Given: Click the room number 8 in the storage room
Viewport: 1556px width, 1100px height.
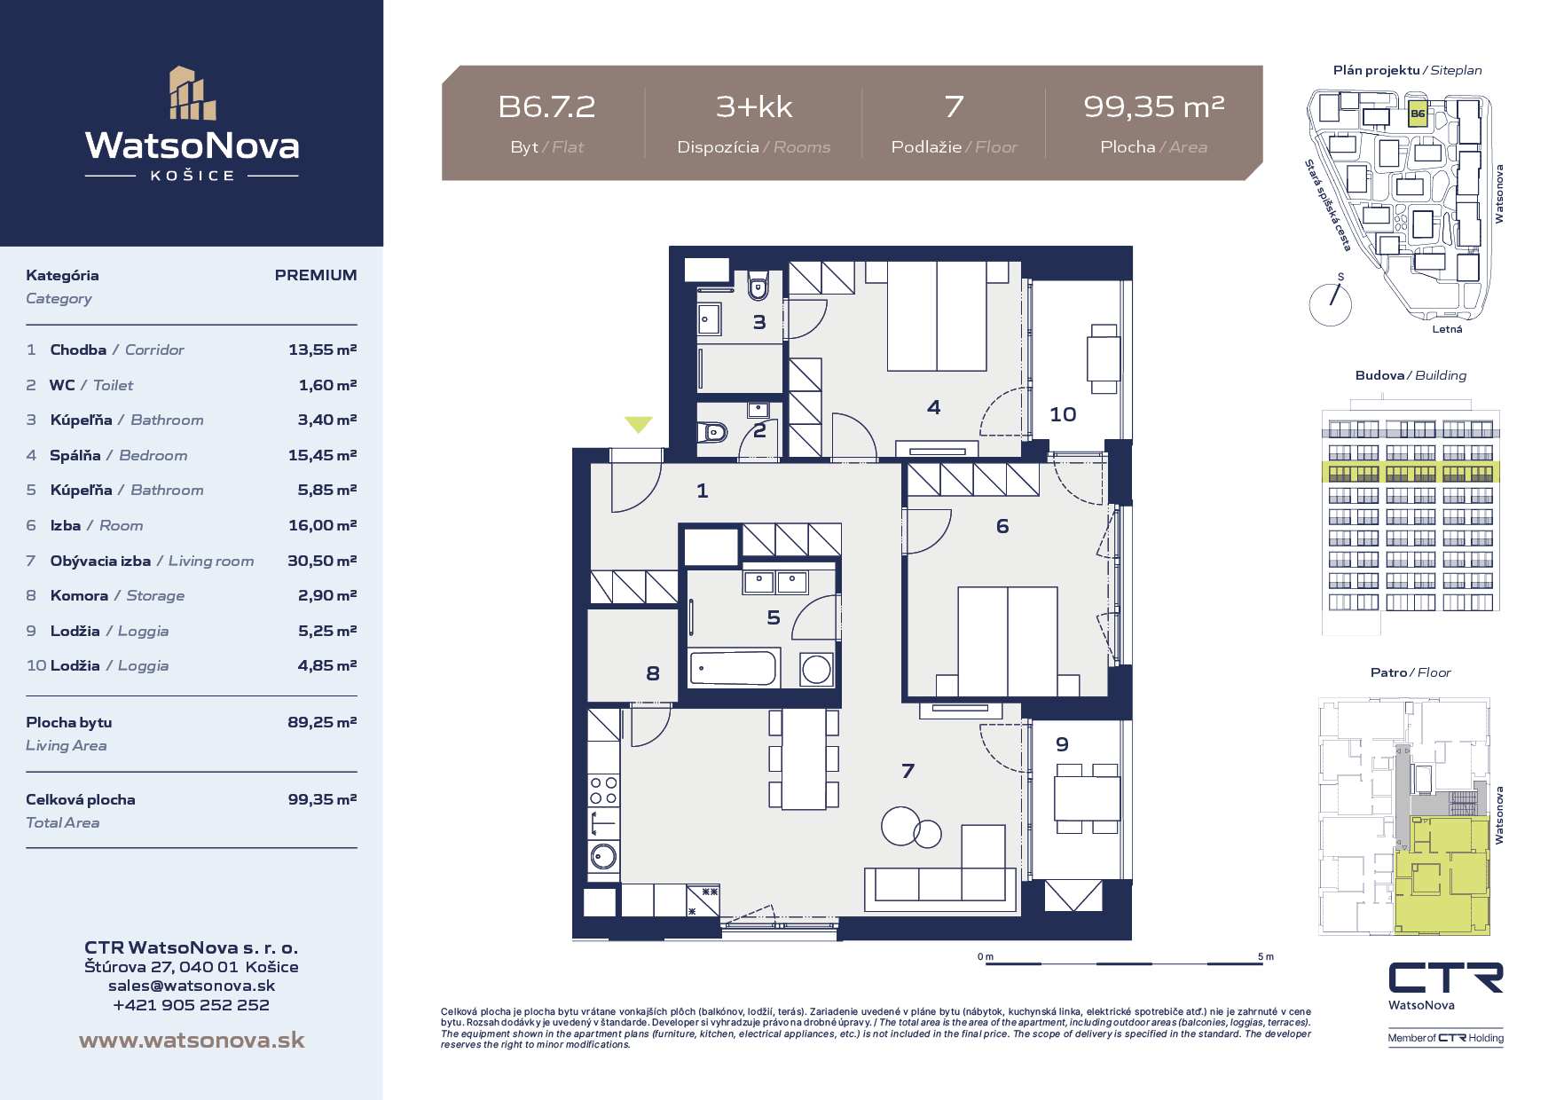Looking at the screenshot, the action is tap(653, 673).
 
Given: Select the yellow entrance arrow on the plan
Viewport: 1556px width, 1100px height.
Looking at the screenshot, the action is tap(638, 425).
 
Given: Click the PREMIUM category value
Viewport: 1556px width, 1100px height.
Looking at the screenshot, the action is tap(316, 275).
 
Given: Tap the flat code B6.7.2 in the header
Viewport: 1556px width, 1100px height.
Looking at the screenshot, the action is tap(546, 107).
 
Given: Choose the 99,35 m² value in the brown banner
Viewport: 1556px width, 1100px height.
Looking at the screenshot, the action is tap(1153, 107).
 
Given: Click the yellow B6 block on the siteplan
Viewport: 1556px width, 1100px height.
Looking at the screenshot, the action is tap(1418, 115).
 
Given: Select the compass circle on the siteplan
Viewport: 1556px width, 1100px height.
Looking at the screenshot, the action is tap(1330, 304).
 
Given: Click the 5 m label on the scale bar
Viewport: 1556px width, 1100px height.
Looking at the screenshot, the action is tap(1265, 956).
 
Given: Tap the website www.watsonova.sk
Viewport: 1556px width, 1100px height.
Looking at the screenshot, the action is tap(192, 1040).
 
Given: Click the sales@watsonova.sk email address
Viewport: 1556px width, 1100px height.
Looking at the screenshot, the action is tap(192, 986).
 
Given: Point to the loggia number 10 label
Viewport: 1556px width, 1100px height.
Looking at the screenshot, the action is tap(1063, 414).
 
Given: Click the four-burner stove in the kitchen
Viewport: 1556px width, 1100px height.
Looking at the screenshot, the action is tap(604, 790).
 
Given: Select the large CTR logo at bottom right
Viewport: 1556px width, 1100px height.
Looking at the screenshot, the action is tap(1446, 978).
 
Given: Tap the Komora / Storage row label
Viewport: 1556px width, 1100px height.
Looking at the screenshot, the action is tap(117, 595).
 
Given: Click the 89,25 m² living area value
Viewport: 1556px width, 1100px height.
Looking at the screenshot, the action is tap(322, 722).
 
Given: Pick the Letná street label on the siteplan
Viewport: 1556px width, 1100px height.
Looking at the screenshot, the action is tap(1447, 329).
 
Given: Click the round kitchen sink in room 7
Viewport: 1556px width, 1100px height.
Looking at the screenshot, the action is tap(604, 856).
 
